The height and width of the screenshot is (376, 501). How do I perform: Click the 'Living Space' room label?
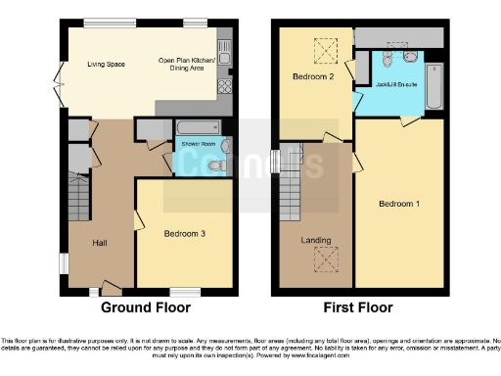(106, 65)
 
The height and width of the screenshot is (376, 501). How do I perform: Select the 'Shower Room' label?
(199, 144)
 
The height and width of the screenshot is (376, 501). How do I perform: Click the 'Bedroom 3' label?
(183, 233)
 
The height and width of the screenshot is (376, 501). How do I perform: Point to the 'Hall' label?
(101, 242)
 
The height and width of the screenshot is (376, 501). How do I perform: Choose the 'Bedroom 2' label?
(313, 76)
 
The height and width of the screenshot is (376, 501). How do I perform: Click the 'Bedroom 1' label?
(399, 204)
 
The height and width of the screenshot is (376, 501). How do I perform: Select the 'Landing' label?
(315, 240)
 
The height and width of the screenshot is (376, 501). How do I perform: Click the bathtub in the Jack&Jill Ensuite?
(436, 85)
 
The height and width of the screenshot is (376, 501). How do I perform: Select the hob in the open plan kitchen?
(224, 85)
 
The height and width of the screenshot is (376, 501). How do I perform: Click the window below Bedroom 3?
(185, 292)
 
